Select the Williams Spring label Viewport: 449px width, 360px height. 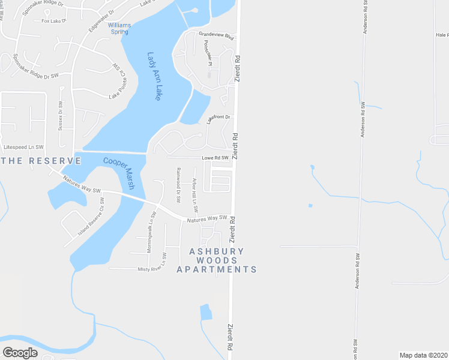tap(119, 28)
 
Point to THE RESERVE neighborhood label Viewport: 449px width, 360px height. tap(40, 161)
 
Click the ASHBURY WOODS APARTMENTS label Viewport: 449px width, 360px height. tap(217, 260)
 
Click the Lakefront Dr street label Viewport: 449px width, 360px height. tap(218, 119)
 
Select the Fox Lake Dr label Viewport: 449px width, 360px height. tap(52, 21)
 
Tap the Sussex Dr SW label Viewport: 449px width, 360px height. tap(61, 115)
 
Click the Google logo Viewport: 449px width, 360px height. tap(20, 353)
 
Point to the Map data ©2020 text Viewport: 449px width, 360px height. tap(423, 355)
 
